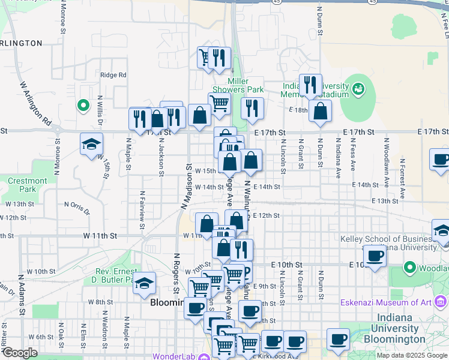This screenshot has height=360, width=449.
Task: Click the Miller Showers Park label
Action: click(246, 86)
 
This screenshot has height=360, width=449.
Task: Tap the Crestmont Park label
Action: click(28, 185)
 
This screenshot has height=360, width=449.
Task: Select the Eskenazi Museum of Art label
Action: click(388, 302)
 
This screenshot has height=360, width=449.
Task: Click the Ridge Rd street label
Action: click(113, 75)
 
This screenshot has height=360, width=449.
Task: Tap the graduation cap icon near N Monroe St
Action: click(91, 144)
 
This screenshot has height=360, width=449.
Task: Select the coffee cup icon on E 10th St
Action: click(375, 256)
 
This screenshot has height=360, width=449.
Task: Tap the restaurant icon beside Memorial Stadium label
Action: click(310, 85)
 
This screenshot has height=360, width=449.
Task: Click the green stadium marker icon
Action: click(358, 89)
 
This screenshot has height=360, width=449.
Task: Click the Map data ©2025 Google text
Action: click(412, 355)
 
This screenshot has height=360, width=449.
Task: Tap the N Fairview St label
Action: click(142, 209)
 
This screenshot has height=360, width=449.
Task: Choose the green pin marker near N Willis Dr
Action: click(83, 106)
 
